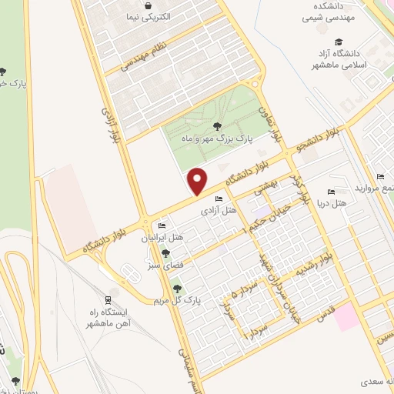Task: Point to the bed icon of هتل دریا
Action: tap(331, 192)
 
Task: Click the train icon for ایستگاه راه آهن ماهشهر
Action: tap(109, 299)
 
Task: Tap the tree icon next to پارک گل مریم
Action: tap(178, 289)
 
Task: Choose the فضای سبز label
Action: tap(157, 265)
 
